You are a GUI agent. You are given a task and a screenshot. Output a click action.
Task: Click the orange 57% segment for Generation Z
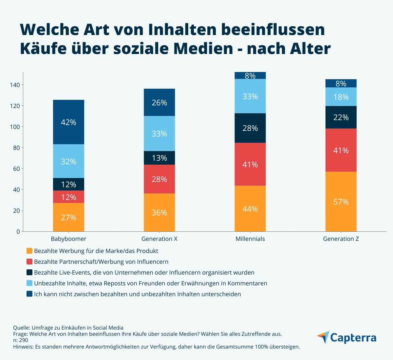(341, 202)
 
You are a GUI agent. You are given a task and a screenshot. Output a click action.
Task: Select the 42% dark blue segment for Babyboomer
(68, 122)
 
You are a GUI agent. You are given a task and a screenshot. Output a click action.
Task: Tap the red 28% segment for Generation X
(159, 179)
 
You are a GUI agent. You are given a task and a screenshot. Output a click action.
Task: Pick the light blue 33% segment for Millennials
(250, 96)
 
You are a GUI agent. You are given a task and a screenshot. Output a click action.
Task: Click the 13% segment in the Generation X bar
(159, 158)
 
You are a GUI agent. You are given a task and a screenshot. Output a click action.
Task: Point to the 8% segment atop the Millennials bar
(250, 76)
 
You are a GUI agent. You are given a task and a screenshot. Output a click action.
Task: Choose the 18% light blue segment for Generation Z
(341, 97)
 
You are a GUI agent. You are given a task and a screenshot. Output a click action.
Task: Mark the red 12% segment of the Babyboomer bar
(68, 197)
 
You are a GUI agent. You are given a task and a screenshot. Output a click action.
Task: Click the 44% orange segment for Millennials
(250, 209)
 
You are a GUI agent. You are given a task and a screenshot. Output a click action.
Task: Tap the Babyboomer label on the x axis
(68, 239)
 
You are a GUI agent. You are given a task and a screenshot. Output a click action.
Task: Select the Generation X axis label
(159, 239)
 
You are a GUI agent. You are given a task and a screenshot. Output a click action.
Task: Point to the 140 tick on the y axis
(15, 85)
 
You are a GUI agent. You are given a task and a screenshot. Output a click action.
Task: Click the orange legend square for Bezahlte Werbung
(29, 251)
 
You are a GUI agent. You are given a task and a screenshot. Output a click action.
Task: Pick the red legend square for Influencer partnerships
(29, 262)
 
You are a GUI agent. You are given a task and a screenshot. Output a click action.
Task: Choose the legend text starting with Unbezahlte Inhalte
(150, 283)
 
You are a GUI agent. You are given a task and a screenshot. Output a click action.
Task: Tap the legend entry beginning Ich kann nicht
(137, 294)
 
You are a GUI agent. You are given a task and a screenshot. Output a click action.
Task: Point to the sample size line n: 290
(21, 340)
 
